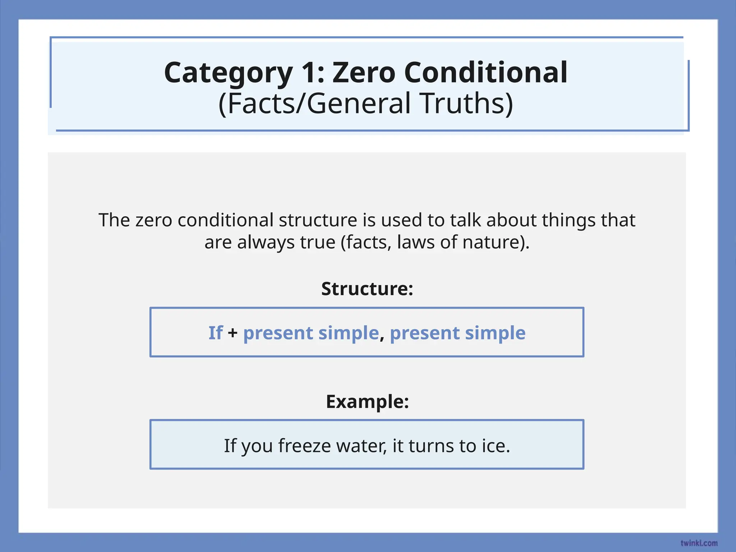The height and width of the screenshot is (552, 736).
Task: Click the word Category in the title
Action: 228,73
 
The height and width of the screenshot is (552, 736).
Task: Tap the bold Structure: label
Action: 367,289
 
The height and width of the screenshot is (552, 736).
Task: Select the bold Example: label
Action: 367,401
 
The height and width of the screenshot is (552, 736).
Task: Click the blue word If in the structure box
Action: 216,333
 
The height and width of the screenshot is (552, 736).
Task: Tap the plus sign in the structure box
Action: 233,333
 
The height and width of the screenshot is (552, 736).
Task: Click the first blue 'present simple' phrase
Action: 311,333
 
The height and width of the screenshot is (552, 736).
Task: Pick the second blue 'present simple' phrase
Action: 457,333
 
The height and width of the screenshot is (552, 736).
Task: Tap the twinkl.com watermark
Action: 699,543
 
